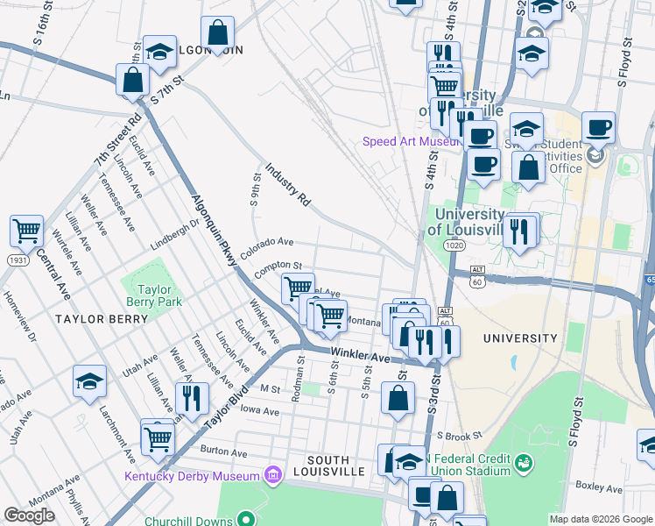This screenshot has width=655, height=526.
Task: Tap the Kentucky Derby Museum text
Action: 193,476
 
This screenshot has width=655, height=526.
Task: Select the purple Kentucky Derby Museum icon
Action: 273,475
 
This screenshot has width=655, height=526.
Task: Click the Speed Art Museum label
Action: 412,141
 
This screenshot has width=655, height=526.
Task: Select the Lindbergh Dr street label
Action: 174,237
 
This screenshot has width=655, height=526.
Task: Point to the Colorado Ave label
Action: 267,246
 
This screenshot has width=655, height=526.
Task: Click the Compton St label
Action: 278,265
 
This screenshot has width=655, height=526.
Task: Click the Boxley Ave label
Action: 599,486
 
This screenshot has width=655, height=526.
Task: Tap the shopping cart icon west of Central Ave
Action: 27,231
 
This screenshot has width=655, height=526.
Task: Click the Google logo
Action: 29,515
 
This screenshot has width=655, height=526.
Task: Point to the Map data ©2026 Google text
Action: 601,519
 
